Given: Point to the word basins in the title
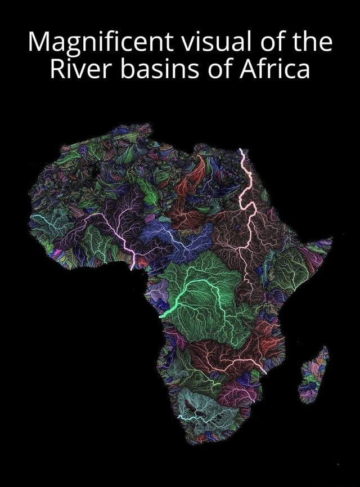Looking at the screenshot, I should (157, 69).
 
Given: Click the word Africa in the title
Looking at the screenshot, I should (276, 69).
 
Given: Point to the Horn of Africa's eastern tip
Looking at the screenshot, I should (331, 239).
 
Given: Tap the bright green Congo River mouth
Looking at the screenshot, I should (162, 316).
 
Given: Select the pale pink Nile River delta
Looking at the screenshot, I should (241, 151).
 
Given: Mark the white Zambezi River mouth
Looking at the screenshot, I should (264, 371).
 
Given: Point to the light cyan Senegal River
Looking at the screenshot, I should (42, 217).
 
